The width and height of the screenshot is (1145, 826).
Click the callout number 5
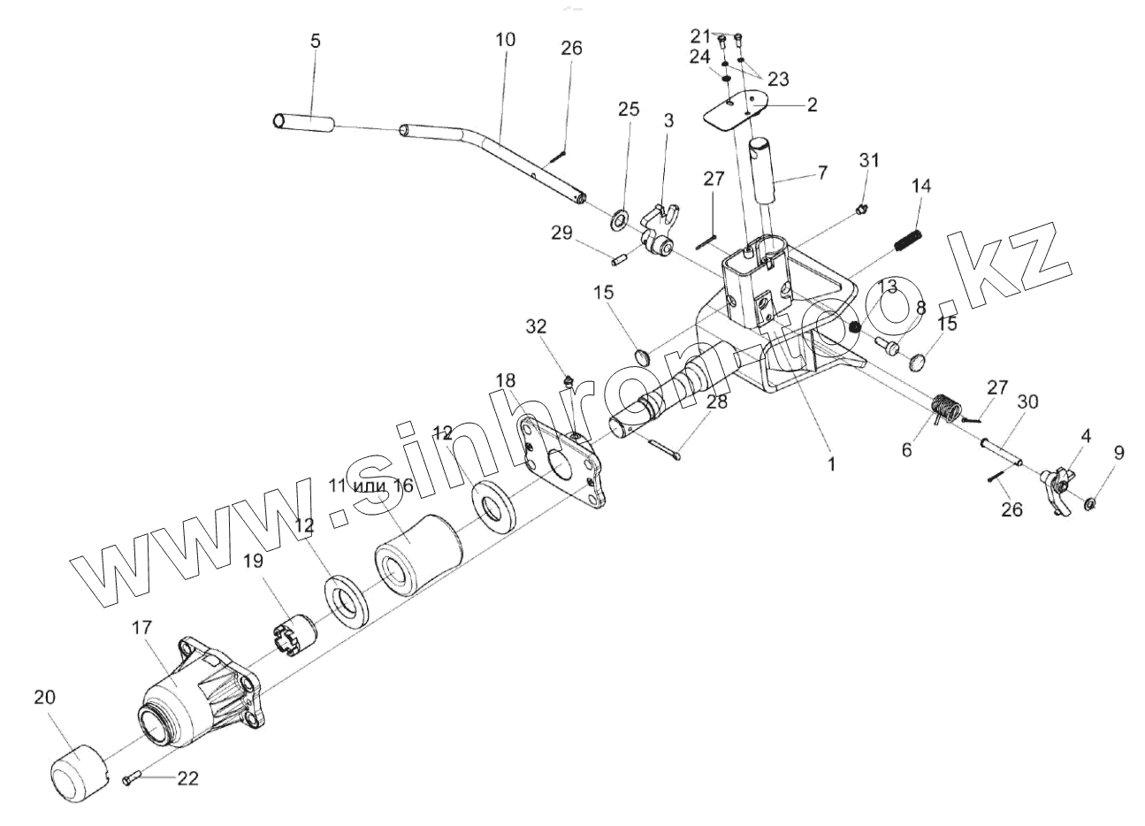click(317, 42)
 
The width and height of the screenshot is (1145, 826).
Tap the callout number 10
click(506, 40)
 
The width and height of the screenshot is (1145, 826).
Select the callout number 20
click(45, 697)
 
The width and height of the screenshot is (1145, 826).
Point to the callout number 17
click(141, 630)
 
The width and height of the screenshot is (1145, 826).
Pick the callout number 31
click(870, 160)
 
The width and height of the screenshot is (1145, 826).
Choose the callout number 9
click(1118, 453)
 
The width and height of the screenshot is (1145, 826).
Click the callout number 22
click(187, 778)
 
